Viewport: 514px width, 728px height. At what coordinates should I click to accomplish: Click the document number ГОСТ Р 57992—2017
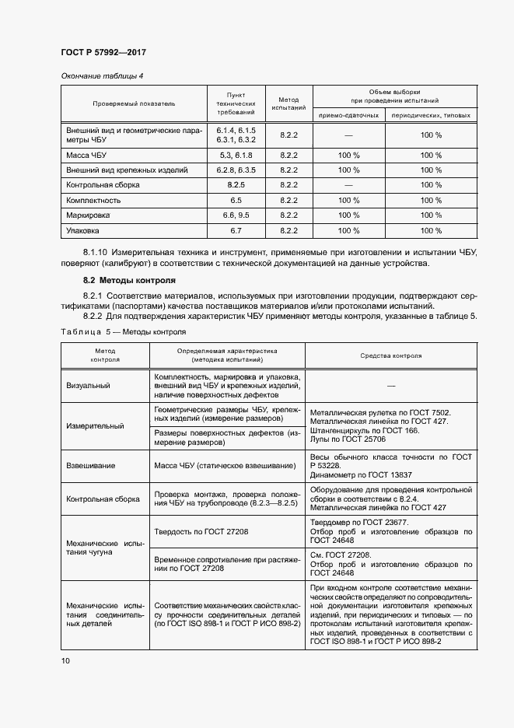point(103,52)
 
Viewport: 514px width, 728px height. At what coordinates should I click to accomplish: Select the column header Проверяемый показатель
point(134,103)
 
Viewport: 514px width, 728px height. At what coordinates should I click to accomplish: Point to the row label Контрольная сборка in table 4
point(103,185)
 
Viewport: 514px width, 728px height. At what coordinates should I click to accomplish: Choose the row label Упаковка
point(83,231)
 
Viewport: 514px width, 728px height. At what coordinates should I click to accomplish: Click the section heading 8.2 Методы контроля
point(129,279)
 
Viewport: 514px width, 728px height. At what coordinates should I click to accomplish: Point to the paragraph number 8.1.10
point(95,253)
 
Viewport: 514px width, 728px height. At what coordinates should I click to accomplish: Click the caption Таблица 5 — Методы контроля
point(124,332)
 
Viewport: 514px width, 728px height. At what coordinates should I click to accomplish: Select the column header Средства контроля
point(390,355)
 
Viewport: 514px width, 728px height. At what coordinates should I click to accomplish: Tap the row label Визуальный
point(89,386)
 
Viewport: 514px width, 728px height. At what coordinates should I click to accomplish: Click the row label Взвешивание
point(91,466)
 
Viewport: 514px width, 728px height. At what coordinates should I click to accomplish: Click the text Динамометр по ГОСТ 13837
point(361,474)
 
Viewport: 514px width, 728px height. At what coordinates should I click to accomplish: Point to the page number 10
point(65,661)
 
